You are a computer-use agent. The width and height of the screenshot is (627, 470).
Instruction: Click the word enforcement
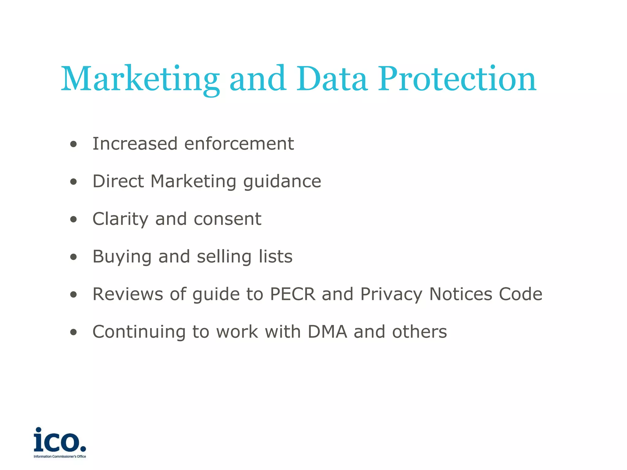[x=239, y=144]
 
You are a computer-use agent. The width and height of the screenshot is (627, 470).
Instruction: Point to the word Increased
[x=135, y=144]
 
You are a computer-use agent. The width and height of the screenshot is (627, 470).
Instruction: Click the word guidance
[x=282, y=181]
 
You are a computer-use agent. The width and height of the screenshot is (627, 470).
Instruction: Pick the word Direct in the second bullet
[x=118, y=181]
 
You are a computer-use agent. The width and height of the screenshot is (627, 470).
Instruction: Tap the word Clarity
[x=120, y=219]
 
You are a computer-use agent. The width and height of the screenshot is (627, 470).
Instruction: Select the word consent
[x=227, y=219]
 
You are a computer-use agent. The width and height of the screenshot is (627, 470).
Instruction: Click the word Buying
[x=122, y=257]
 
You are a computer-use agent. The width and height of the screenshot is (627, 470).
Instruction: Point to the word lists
[x=276, y=256]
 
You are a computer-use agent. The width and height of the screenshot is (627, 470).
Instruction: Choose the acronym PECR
[x=292, y=294]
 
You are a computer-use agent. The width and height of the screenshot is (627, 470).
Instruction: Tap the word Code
[x=520, y=294]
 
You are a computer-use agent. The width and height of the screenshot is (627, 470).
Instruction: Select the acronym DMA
[x=327, y=332]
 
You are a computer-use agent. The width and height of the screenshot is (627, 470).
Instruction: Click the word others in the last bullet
[x=419, y=332]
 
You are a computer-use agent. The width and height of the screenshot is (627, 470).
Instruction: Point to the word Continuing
[x=139, y=332]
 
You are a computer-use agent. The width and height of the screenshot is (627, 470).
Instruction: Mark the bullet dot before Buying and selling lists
[x=73, y=257]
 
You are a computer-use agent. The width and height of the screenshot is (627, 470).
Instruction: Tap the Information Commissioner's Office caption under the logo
[x=60, y=457]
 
